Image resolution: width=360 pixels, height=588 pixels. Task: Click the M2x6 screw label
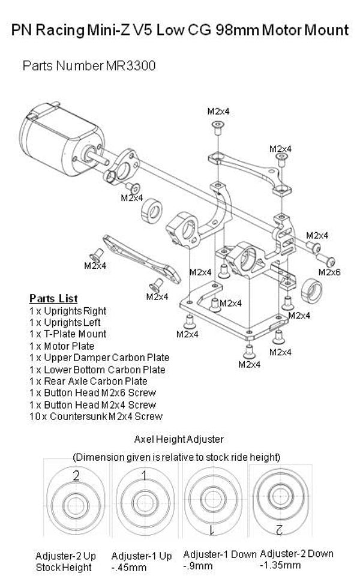click(329, 272)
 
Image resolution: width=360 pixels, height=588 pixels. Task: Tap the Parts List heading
click(53, 298)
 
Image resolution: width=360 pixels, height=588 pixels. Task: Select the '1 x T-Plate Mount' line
click(68, 334)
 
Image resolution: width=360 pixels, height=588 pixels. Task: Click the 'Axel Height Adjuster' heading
click(179, 440)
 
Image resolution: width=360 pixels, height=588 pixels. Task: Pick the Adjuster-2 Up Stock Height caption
click(66, 561)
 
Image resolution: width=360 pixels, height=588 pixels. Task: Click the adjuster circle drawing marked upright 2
click(76, 502)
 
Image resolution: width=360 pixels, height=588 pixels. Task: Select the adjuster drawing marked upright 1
click(145, 502)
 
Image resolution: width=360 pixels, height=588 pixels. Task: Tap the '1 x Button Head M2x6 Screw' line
click(92, 392)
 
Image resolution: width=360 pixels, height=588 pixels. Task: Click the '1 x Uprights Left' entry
click(65, 322)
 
